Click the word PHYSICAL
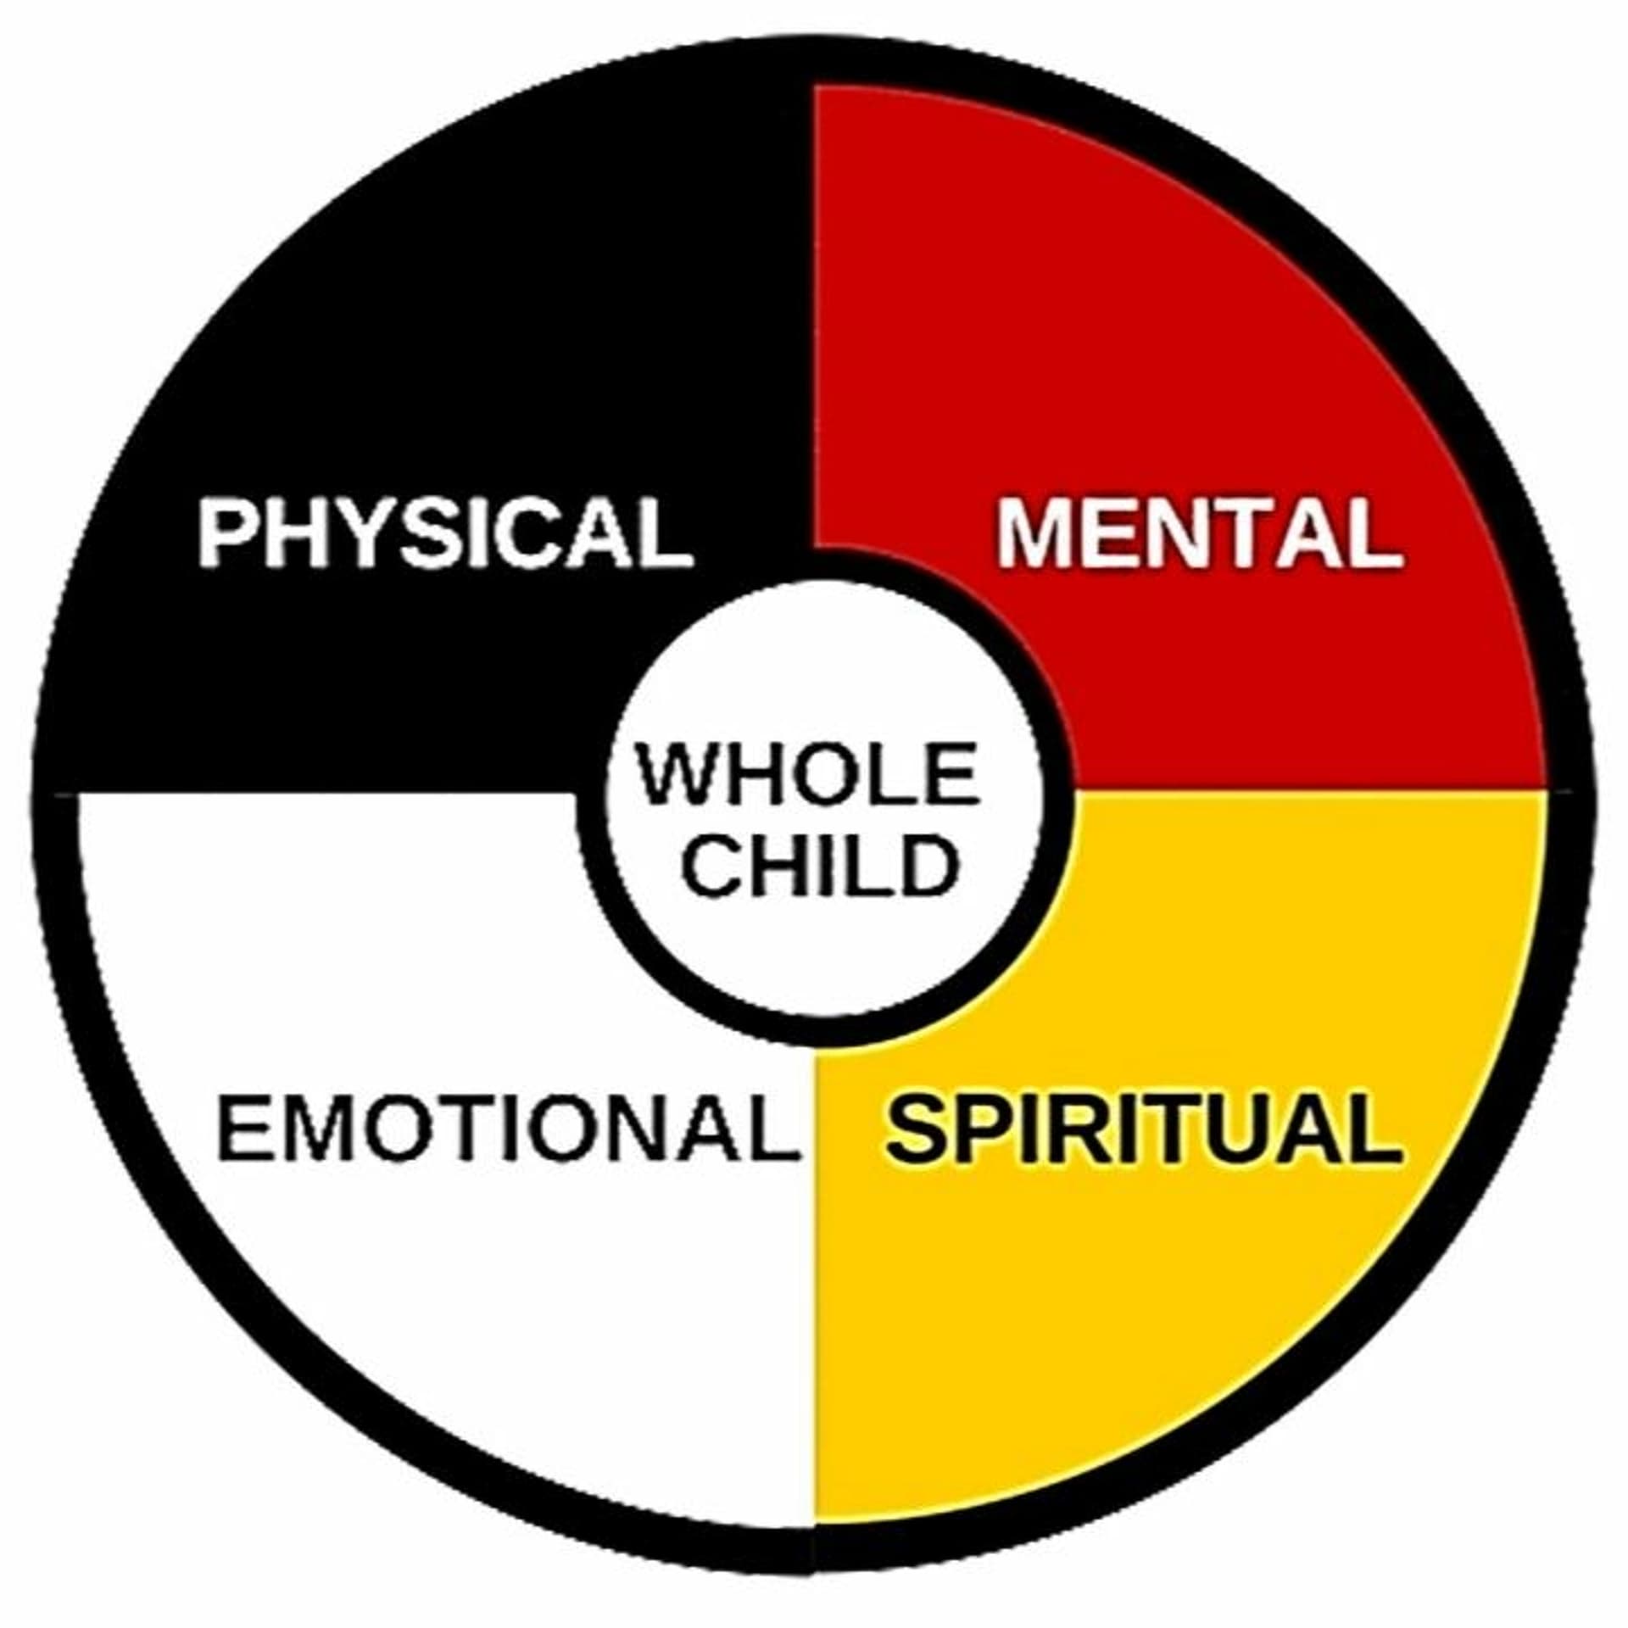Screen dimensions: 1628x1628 445,533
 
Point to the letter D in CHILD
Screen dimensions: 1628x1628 931,866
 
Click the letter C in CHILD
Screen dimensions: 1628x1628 710,866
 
